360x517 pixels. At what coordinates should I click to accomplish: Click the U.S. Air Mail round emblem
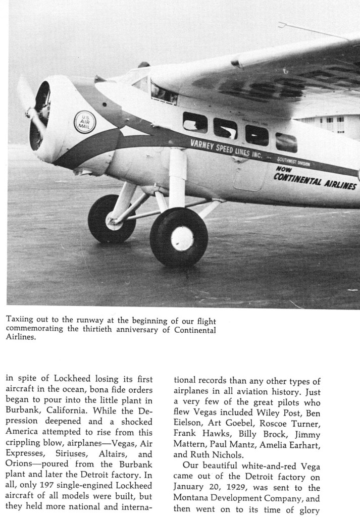84,122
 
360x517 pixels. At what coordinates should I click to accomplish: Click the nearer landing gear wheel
179,237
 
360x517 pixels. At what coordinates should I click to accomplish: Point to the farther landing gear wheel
112,219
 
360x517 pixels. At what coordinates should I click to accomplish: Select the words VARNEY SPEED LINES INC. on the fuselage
226,148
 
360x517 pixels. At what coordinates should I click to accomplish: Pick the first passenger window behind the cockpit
195,123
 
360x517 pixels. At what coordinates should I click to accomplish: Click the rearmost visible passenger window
286,142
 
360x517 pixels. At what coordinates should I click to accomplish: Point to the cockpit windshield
163,93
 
